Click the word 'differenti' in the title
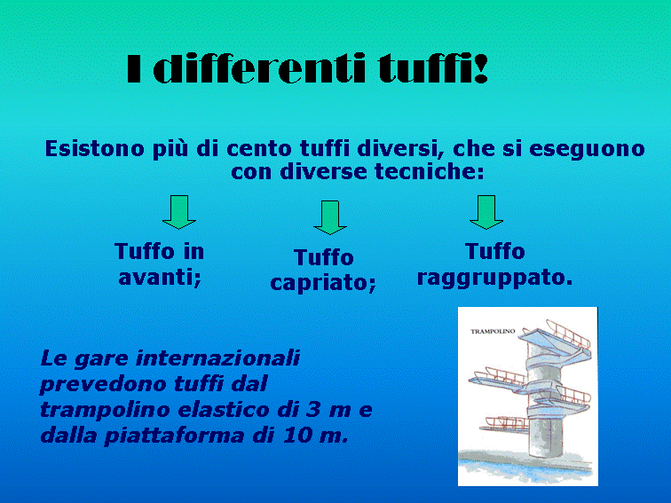[259, 68]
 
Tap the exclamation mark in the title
[481, 68]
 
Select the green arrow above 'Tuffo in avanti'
[179, 212]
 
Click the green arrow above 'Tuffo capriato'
[330, 217]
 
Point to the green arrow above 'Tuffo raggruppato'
[486, 212]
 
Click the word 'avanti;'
[160, 278]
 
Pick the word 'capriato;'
[323, 283]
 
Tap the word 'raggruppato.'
[494, 278]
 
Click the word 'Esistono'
[95, 149]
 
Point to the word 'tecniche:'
[430, 172]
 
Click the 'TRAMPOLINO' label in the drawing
[493, 331]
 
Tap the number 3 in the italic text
[313, 409]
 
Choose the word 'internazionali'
[217, 358]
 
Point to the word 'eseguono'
[587, 150]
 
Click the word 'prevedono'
[103, 384]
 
